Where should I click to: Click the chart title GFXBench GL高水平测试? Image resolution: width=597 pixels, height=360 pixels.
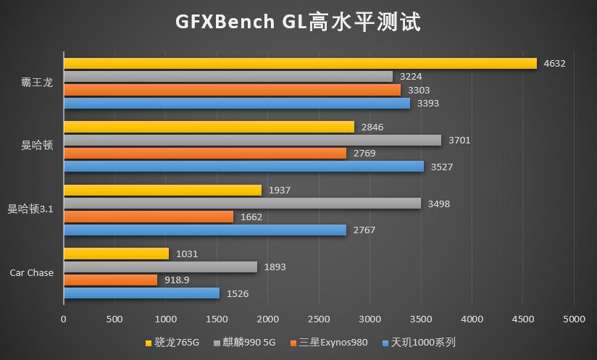click(x=298, y=21)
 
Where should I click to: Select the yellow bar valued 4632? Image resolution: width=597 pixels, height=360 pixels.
click(x=300, y=63)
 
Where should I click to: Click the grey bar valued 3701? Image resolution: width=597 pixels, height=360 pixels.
click(x=252, y=140)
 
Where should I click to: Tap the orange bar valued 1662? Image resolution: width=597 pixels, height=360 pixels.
click(x=149, y=217)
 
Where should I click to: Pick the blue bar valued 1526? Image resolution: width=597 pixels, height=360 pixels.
click(x=141, y=293)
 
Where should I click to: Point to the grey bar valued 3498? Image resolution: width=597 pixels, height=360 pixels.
click(x=242, y=204)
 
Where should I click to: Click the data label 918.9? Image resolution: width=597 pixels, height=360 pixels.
click(x=177, y=280)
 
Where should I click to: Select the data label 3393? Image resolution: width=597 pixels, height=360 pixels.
click(x=428, y=104)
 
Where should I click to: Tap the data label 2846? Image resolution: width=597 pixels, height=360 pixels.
click(x=372, y=127)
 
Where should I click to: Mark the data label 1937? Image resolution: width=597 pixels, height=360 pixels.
click(x=280, y=191)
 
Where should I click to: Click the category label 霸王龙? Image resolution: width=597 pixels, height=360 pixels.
click(x=36, y=83)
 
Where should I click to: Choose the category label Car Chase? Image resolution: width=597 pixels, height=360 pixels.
click(x=31, y=273)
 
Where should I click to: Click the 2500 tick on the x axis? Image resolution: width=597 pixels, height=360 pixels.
click(x=319, y=319)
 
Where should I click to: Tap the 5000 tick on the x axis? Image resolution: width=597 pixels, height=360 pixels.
click(x=574, y=319)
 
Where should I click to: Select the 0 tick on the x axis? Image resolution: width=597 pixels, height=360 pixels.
click(x=64, y=319)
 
